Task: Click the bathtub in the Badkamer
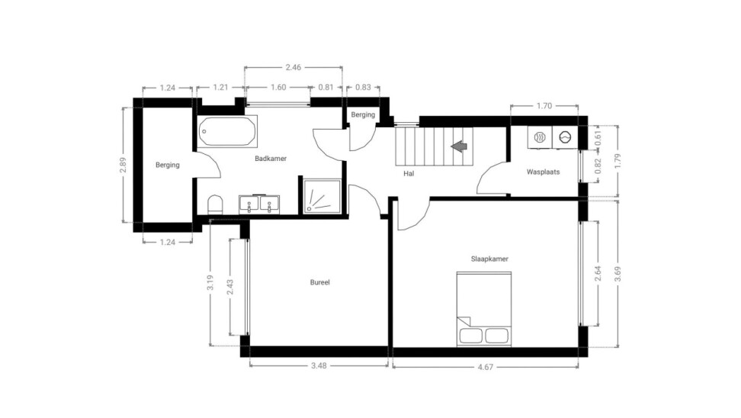[x=227, y=131]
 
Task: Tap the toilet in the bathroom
[x=215, y=204]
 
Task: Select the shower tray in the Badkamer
[x=322, y=196]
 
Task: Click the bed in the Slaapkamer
[x=484, y=309]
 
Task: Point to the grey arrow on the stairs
[x=459, y=146]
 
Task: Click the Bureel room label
[x=320, y=282]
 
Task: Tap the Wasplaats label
[x=543, y=172]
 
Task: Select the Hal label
[x=409, y=174]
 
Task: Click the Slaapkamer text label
[x=489, y=259]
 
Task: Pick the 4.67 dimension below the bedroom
[x=486, y=366]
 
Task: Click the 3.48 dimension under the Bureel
[x=319, y=365]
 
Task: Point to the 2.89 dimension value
[x=124, y=165]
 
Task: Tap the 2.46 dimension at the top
[x=293, y=67]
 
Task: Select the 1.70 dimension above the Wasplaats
[x=544, y=105]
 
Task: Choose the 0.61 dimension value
[x=598, y=137]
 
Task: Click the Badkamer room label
[x=271, y=159]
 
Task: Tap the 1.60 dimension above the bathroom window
[x=278, y=87]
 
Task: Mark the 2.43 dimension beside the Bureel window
[x=230, y=287]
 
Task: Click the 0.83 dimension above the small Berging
[x=363, y=87]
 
